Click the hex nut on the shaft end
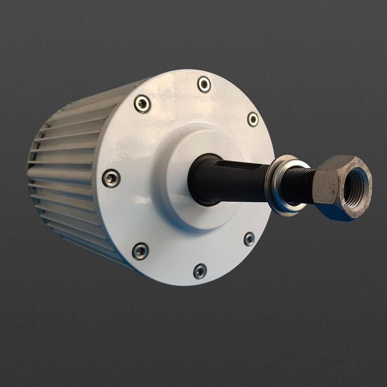(341, 188)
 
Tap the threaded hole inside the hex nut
(354, 186)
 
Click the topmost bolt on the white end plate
(204, 84)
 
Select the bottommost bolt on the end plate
(200, 271)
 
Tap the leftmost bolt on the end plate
(111, 178)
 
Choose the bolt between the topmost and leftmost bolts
(142, 104)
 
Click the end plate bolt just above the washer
(253, 119)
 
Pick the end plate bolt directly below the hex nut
(249, 239)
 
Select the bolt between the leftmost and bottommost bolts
(140, 251)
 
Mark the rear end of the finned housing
(33, 170)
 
